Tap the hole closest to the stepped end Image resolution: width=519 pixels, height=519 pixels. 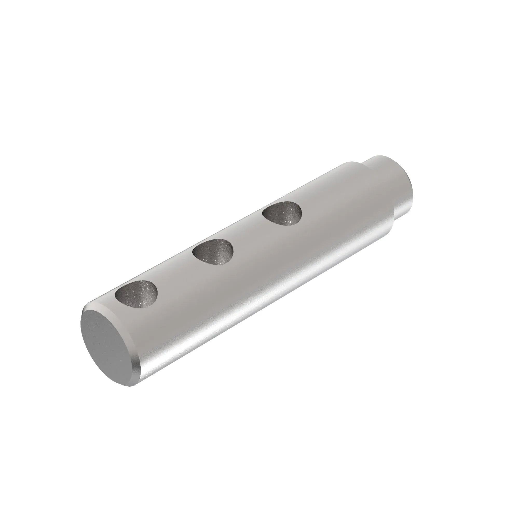(282, 214)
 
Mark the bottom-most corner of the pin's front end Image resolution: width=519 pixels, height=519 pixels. (130, 386)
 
